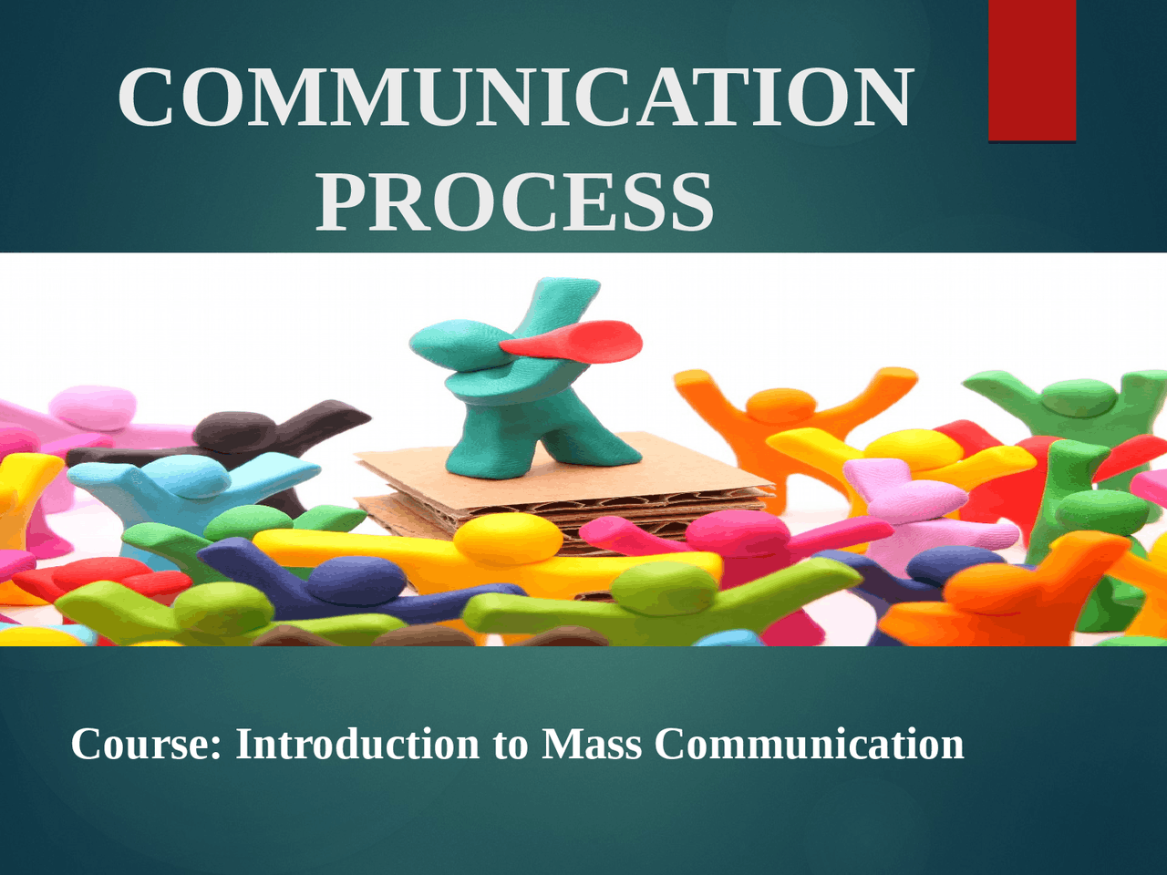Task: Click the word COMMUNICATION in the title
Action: [515, 98]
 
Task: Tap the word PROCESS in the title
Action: [515, 202]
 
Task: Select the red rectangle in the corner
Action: [1032, 70]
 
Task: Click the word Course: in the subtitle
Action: [146, 744]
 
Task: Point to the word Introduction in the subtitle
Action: [357, 744]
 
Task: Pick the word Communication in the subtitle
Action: [809, 744]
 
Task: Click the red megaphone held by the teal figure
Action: [574, 340]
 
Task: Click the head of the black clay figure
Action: [235, 428]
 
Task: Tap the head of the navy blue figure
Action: [356, 580]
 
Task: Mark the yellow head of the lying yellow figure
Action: [507, 538]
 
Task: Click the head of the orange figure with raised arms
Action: [780, 405]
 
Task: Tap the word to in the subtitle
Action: [510, 745]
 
